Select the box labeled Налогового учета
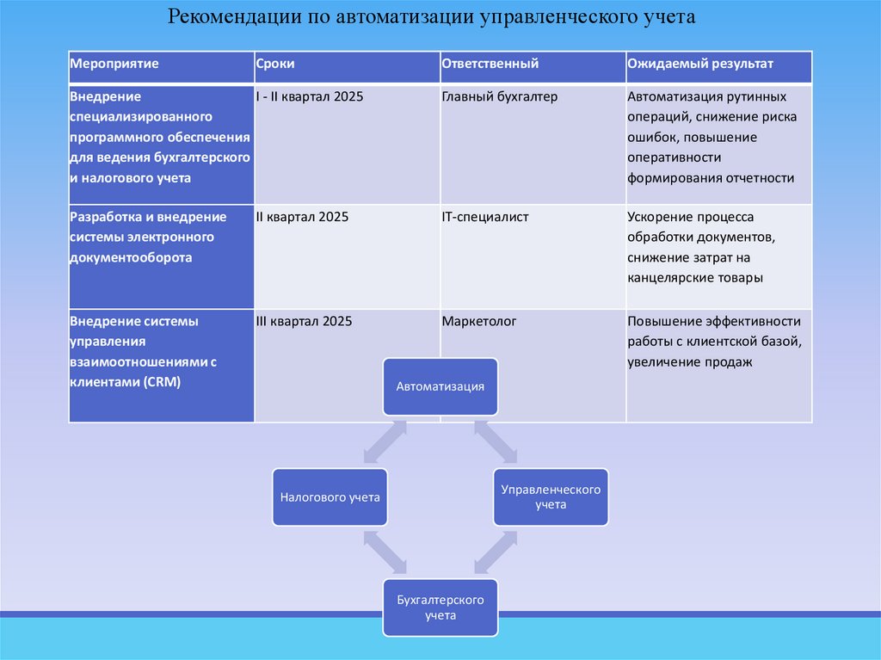coord(330,497)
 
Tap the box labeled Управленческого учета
coord(550,497)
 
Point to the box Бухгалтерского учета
coord(440,608)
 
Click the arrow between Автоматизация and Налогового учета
coord(384,443)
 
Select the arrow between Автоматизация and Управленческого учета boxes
coord(495,443)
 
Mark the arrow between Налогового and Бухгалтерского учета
coord(384,552)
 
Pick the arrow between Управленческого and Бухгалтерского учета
coord(495,552)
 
